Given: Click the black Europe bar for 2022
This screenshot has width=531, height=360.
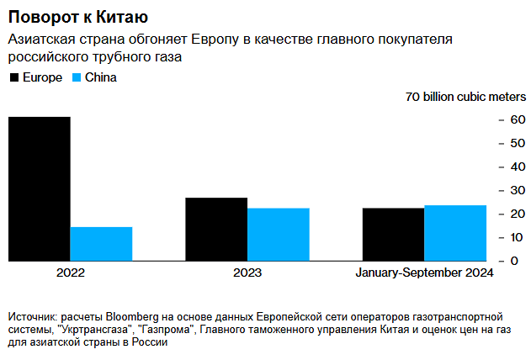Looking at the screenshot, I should tap(40, 188).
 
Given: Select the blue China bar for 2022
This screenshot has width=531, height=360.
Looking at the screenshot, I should tap(101, 244).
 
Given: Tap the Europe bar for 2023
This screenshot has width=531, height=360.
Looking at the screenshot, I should tap(216, 229).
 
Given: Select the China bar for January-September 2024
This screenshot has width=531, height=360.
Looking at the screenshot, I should tap(455, 233).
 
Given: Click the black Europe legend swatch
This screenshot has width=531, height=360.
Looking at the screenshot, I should tap(13, 77).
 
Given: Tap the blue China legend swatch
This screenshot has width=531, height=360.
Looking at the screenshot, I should tap(77, 77).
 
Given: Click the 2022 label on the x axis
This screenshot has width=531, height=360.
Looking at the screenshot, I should tap(71, 273).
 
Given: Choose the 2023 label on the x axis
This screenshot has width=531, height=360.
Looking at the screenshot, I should tap(247, 273).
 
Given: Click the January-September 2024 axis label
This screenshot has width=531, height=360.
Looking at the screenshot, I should tap(424, 273).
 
